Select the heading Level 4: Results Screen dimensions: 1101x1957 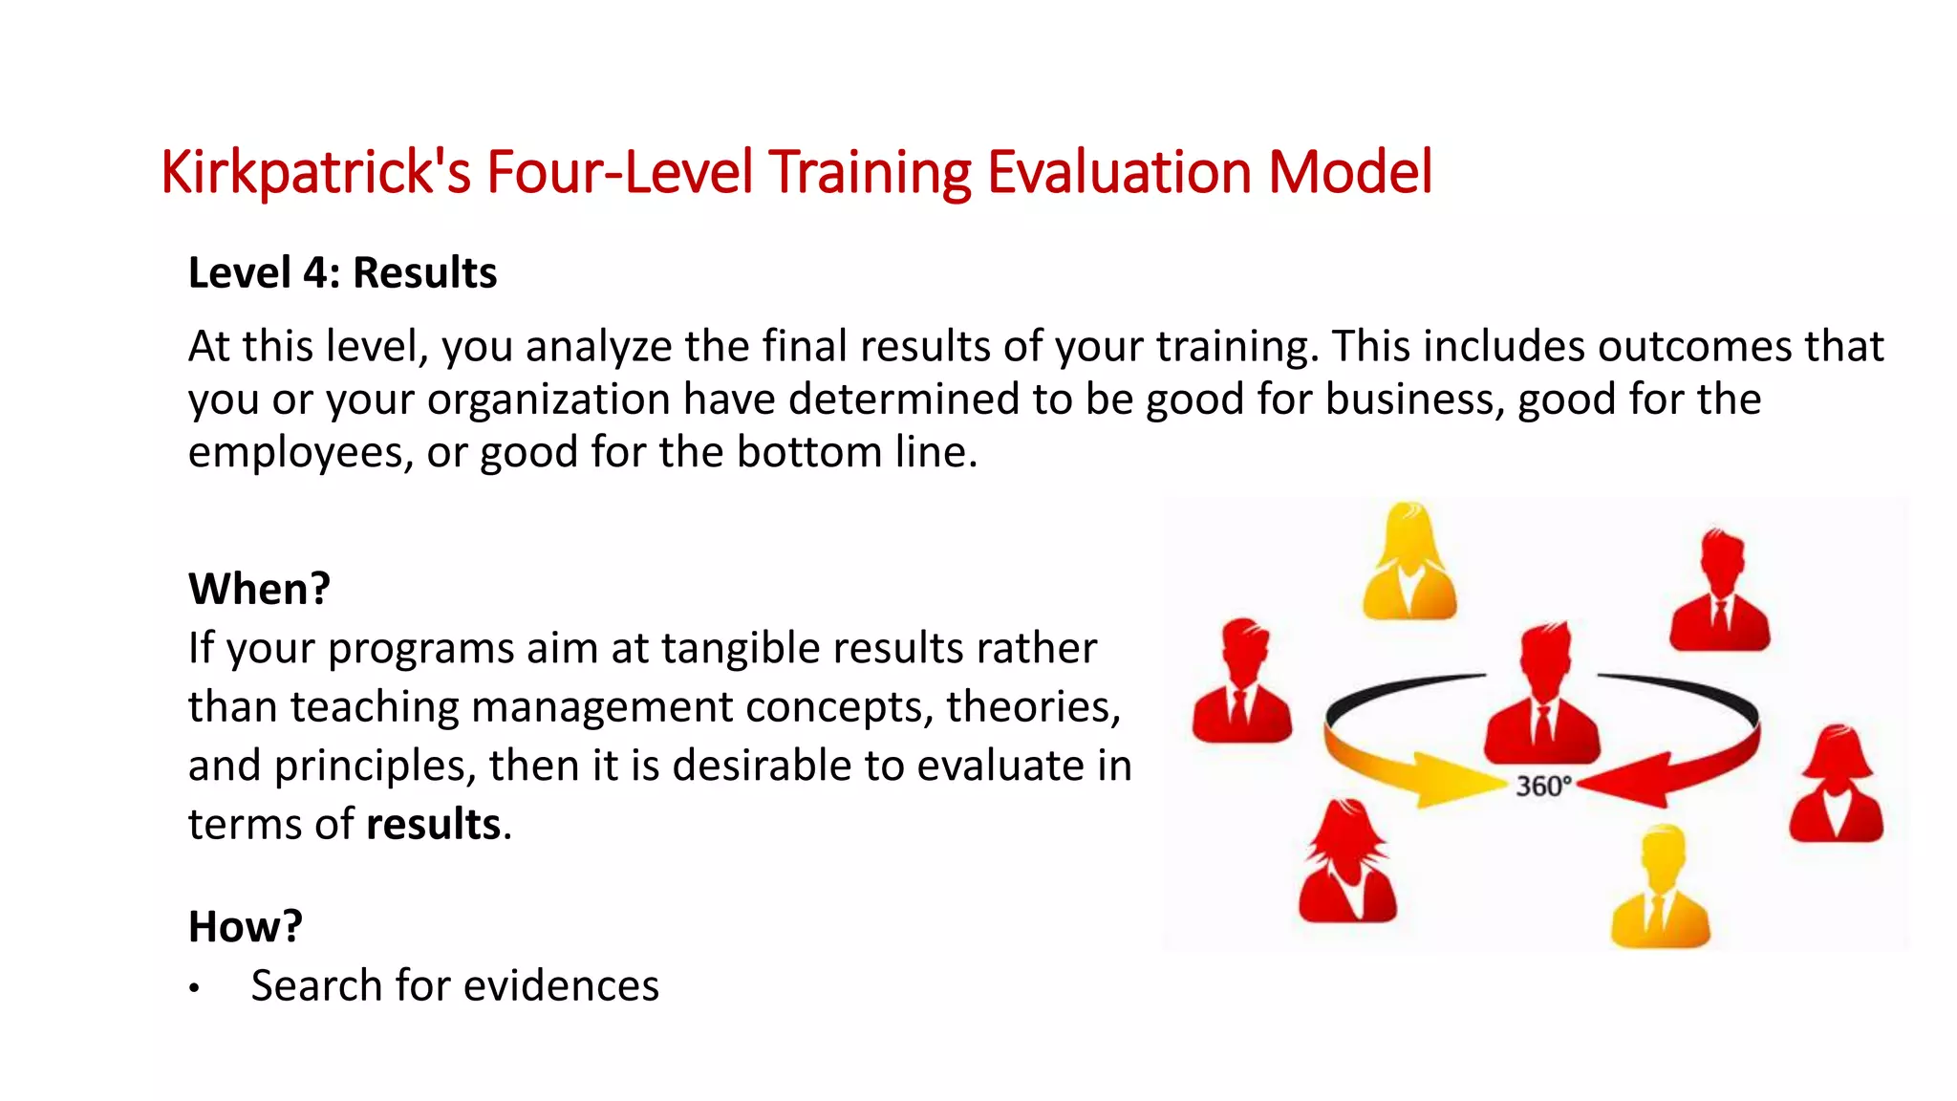pyautogui.click(x=342, y=273)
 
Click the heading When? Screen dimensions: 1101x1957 pyautogui.click(x=259, y=589)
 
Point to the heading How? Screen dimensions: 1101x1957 pyautogui.click(x=245, y=927)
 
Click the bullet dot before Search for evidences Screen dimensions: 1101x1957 pyautogui.click(x=194, y=988)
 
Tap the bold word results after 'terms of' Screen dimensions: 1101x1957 pyautogui.click(x=433, y=825)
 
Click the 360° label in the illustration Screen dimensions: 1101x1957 pyautogui.click(x=1542, y=787)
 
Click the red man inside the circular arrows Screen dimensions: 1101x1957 pyautogui.click(x=1541, y=698)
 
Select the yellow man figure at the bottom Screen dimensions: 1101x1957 pyautogui.click(x=1660, y=889)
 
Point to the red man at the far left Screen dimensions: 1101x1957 pyautogui.click(x=1241, y=683)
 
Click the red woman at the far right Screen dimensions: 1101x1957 pyautogui.click(x=1836, y=787)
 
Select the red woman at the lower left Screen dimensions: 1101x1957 pyautogui.click(x=1347, y=865)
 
